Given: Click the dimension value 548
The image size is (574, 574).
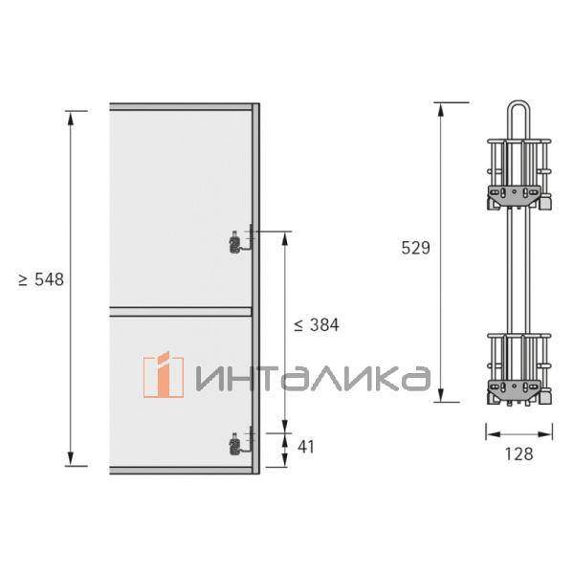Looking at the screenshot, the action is [49, 279].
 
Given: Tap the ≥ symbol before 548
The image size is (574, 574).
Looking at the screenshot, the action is [23, 280].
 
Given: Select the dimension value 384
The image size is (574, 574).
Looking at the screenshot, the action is [324, 325].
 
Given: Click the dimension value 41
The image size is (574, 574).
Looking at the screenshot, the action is [306, 447].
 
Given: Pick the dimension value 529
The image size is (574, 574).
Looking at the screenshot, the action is [415, 248].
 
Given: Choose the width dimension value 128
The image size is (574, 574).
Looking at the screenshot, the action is [519, 453].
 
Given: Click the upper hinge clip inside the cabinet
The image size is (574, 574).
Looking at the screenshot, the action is [235, 243].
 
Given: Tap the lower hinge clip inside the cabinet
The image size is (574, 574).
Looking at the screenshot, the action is [235, 444].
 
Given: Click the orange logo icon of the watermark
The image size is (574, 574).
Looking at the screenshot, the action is [164, 374].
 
